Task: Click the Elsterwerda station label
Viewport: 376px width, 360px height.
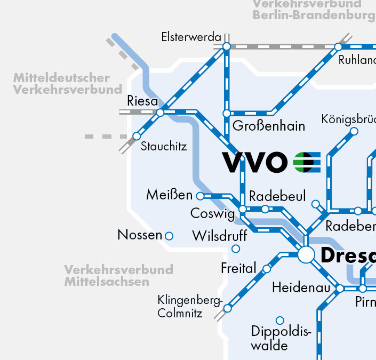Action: click(x=191, y=37)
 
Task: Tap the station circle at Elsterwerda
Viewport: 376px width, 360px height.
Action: click(x=227, y=47)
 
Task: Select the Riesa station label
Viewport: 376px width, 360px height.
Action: click(x=142, y=101)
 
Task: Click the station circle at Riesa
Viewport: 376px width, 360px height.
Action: click(x=160, y=113)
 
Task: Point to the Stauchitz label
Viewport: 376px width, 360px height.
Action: click(x=164, y=146)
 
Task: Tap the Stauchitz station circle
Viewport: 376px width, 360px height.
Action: click(x=137, y=136)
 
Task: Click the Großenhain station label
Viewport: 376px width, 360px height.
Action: click(x=269, y=126)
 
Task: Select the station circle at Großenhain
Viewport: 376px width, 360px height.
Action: click(x=227, y=114)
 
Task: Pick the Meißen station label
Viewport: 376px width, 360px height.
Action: click(x=169, y=195)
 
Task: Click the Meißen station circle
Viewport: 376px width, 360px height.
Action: click(x=201, y=196)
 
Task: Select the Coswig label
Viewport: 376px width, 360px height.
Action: click(x=212, y=214)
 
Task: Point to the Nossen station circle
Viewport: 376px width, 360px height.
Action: click(x=169, y=236)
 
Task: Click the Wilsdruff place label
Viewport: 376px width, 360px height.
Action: click(x=219, y=235)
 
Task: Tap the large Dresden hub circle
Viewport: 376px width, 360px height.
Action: click(x=306, y=254)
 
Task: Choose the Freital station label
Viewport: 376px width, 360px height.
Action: click(x=238, y=268)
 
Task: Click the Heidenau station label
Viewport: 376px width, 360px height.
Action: click(x=302, y=287)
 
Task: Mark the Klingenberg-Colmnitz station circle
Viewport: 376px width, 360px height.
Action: click(x=228, y=308)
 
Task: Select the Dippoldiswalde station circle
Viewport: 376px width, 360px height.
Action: click(x=279, y=321)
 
